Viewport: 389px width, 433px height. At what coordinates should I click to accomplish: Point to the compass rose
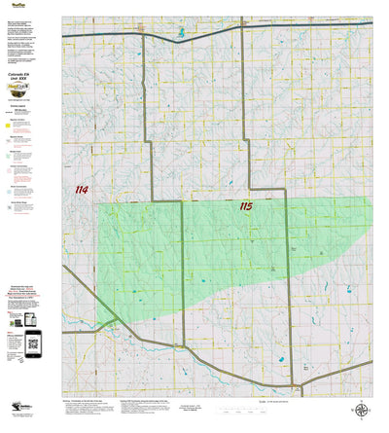pyautogui.click(x=363, y=412)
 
